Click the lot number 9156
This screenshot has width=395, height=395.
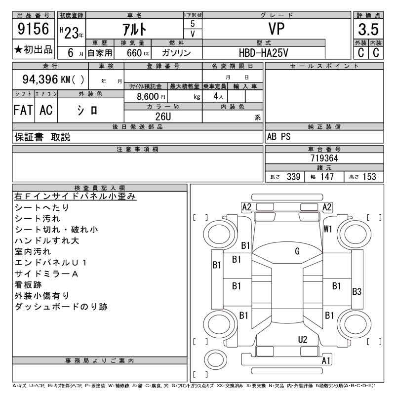[x=33, y=29]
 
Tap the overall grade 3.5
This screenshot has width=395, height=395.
[x=368, y=29]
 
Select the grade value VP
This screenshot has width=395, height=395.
[x=276, y=29]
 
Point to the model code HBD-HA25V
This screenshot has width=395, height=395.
[x=264, y=53]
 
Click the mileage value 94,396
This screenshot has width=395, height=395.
[x=40, y=79]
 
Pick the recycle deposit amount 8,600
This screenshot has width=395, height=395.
[x=148, y=96]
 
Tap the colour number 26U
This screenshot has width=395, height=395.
[x=163, y=117]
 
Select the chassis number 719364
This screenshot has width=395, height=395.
[x=324, y=158]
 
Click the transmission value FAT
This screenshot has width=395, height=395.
[x=23, y=110]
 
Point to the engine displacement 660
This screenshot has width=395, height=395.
[x=134, y=53]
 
